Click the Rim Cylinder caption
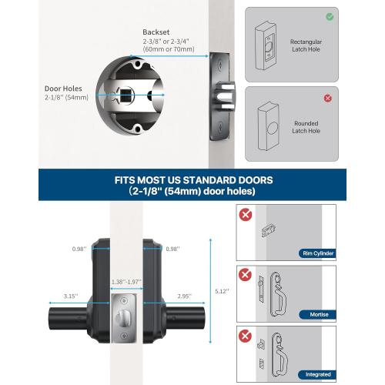pos(316,252)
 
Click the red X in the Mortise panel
pos(245,275)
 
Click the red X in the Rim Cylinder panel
pos(245,215)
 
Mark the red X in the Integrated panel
pos(245,336)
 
